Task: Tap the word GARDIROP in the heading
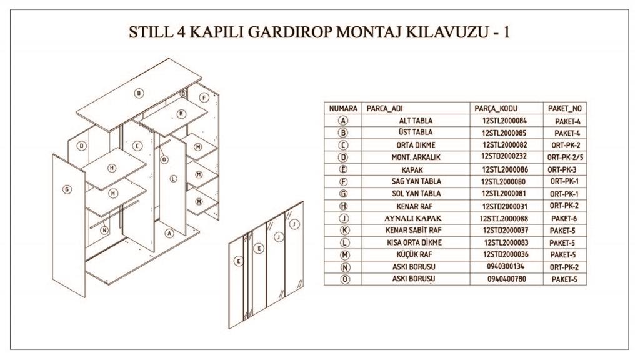click(x=284, y=32)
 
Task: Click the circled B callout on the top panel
click(x=139, y=93)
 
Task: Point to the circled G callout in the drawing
click(x=67, y=189)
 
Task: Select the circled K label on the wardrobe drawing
click(x=181, y=114)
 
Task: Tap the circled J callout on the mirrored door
click(x=295, y=223)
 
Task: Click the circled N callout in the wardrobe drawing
click(x=104, y=229)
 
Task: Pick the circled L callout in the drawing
click(x=174, y=178)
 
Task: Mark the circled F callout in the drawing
click(x=204, y=97)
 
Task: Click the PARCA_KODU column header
click(x=497, y=108)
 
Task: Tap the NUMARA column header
click(x=343, y=108)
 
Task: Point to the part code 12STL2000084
click(x=504, y=121)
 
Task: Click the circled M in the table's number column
click(x=344, y=255)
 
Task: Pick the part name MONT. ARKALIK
click(x=416, y=157)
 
